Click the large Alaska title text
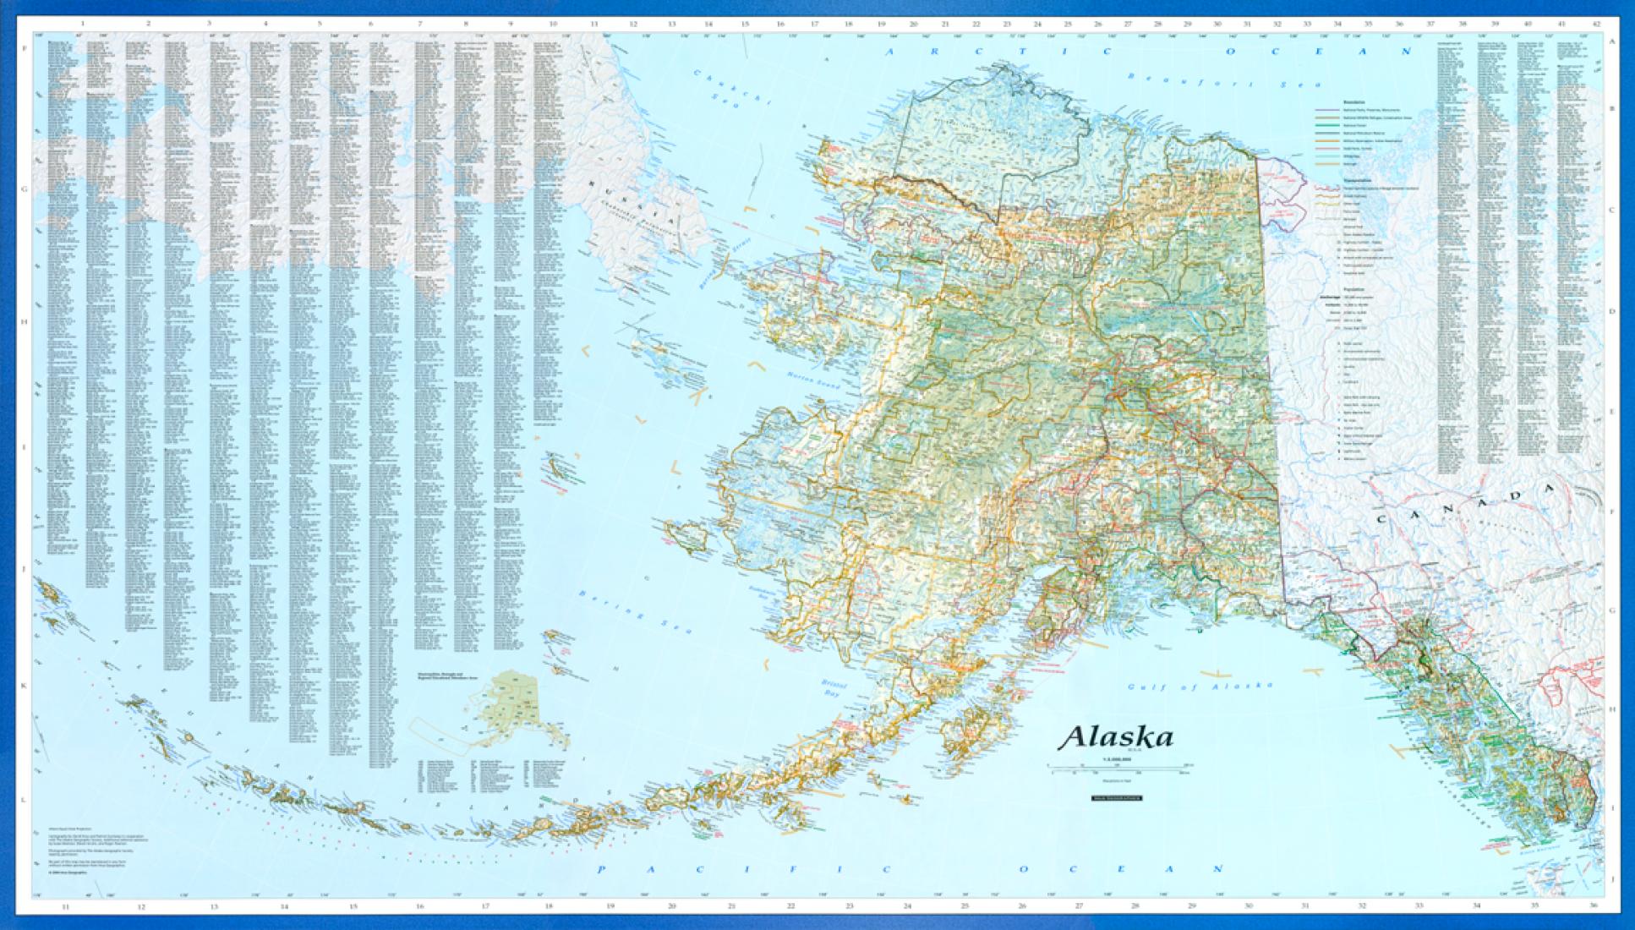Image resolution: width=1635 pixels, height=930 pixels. click(1116, 737)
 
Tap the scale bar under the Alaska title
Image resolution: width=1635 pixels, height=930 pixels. click(1116, 766)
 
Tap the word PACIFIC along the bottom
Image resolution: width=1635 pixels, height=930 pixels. click(744, 869)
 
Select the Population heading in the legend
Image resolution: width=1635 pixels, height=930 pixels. click(1353, 288)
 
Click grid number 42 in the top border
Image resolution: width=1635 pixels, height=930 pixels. click(1594, 25)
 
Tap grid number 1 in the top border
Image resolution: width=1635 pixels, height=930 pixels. click(82, 25)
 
